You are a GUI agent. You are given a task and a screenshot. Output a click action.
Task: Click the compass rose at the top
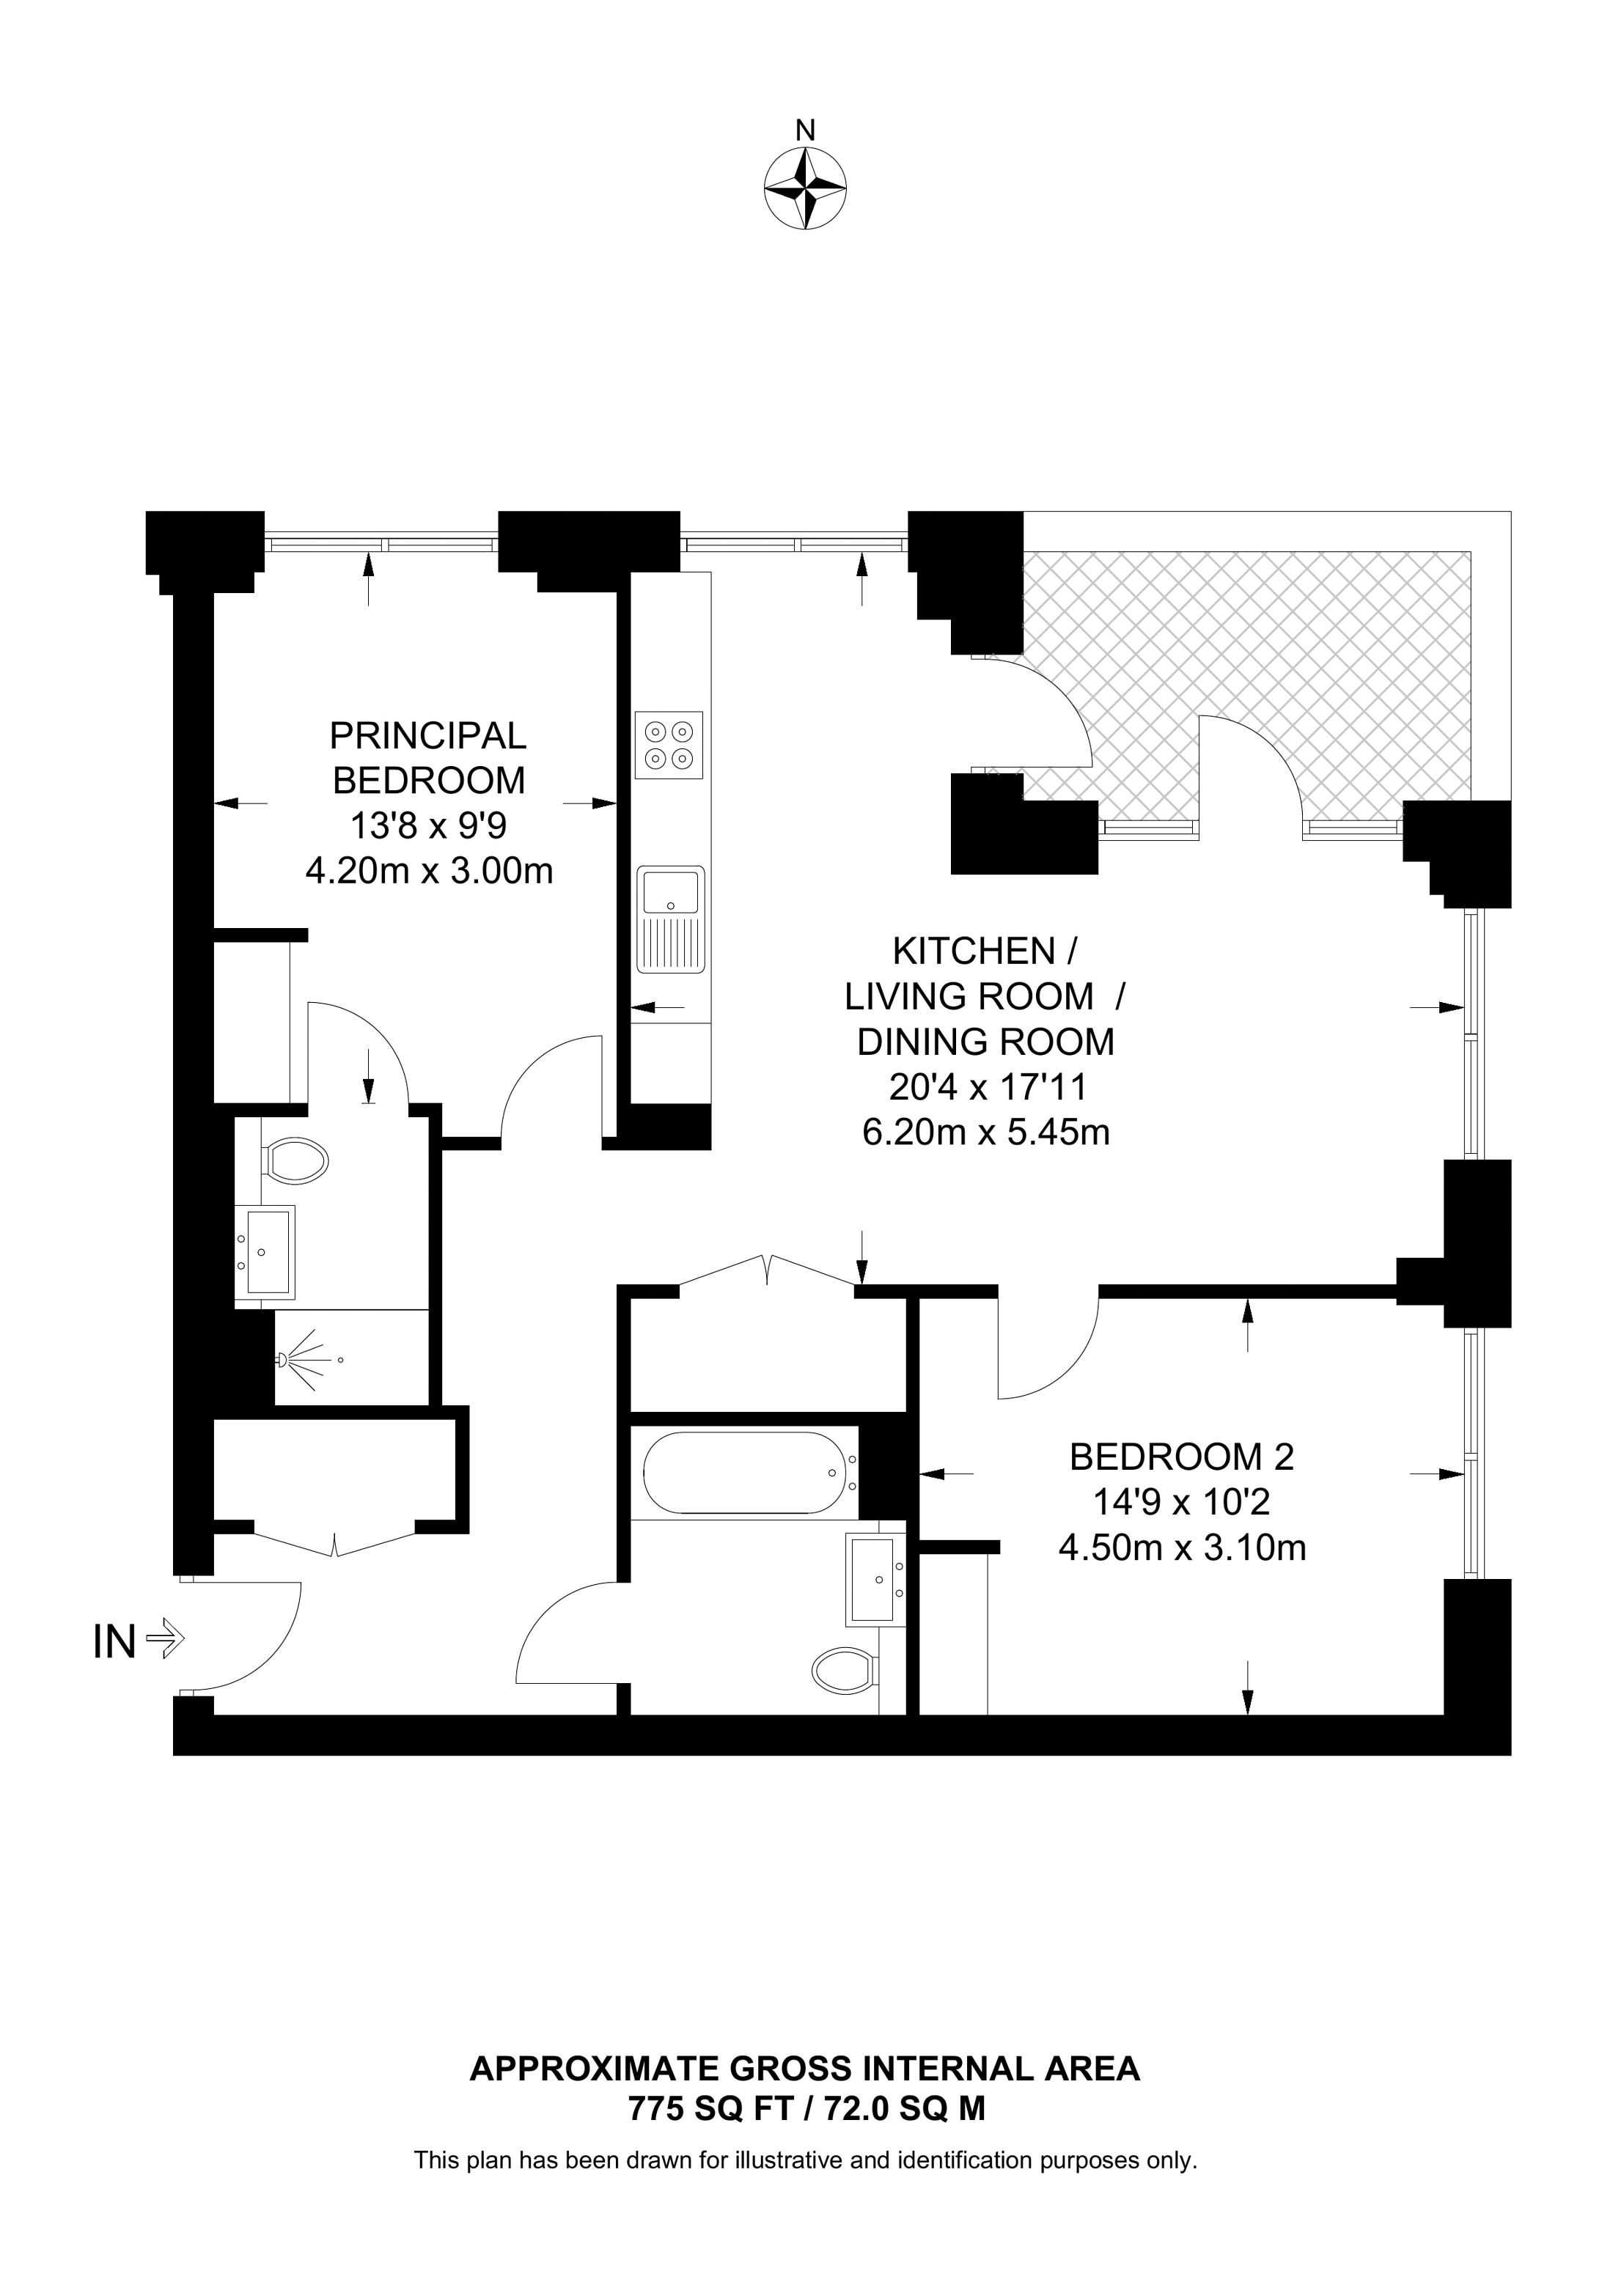805,189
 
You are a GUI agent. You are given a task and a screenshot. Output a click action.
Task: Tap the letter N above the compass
805,130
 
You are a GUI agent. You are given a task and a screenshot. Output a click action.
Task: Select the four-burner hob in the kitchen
669,746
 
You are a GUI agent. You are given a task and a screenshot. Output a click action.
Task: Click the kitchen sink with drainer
671,919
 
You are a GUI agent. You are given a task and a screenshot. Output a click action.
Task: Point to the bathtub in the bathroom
750,1472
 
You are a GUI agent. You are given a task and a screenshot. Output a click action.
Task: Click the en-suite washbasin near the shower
265,1251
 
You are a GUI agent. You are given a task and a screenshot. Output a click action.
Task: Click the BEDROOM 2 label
1182,1457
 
